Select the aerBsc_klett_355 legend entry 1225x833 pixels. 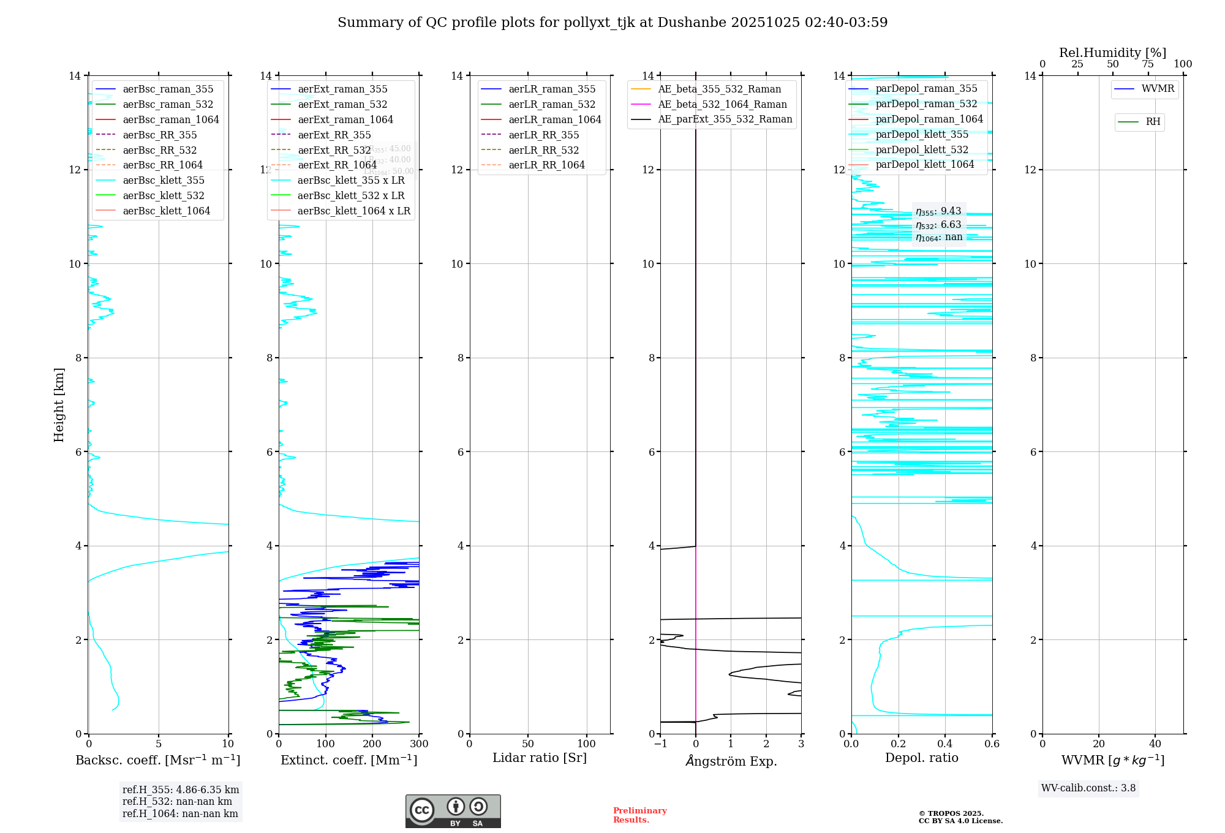click(163, 180)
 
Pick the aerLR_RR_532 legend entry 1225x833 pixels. click(543, 150)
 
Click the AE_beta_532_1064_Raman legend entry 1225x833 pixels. click(722, 104)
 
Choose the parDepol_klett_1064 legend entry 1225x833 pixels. click(924, 164)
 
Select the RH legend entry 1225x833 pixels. click(1153, 122)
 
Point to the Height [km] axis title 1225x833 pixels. click(59, 404)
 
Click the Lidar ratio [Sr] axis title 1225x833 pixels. click(540, 758)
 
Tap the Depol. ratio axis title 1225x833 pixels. click(921, 758)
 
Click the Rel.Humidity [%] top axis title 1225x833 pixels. click(1112, 53)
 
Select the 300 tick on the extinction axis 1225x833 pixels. click(419, 744)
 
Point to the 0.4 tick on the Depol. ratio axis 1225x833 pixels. click(945, 744)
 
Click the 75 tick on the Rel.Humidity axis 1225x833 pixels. click(1147, 64)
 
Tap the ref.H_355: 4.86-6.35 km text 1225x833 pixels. click(181, 790)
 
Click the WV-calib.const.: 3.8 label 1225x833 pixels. click(1088, 788)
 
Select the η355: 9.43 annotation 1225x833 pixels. click(938, 211)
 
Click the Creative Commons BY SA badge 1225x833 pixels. click(453, 812)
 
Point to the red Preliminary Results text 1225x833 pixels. click(639, 815)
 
